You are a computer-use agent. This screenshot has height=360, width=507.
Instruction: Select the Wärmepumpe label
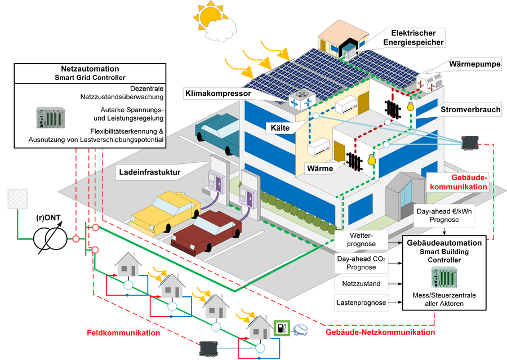(475, 65)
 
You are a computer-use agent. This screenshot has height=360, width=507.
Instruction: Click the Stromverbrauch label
(470, 110)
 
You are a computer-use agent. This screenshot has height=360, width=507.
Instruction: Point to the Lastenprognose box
(361, 303)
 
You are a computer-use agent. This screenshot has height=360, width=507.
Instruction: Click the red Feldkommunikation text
(123, 333)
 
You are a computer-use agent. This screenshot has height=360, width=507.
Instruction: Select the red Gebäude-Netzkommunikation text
(377, 333)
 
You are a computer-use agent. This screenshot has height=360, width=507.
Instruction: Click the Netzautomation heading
(90, 69)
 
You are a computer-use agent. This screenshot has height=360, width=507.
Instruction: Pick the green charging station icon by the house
(281, 328)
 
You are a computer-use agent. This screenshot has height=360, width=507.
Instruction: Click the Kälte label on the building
(280, 128)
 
